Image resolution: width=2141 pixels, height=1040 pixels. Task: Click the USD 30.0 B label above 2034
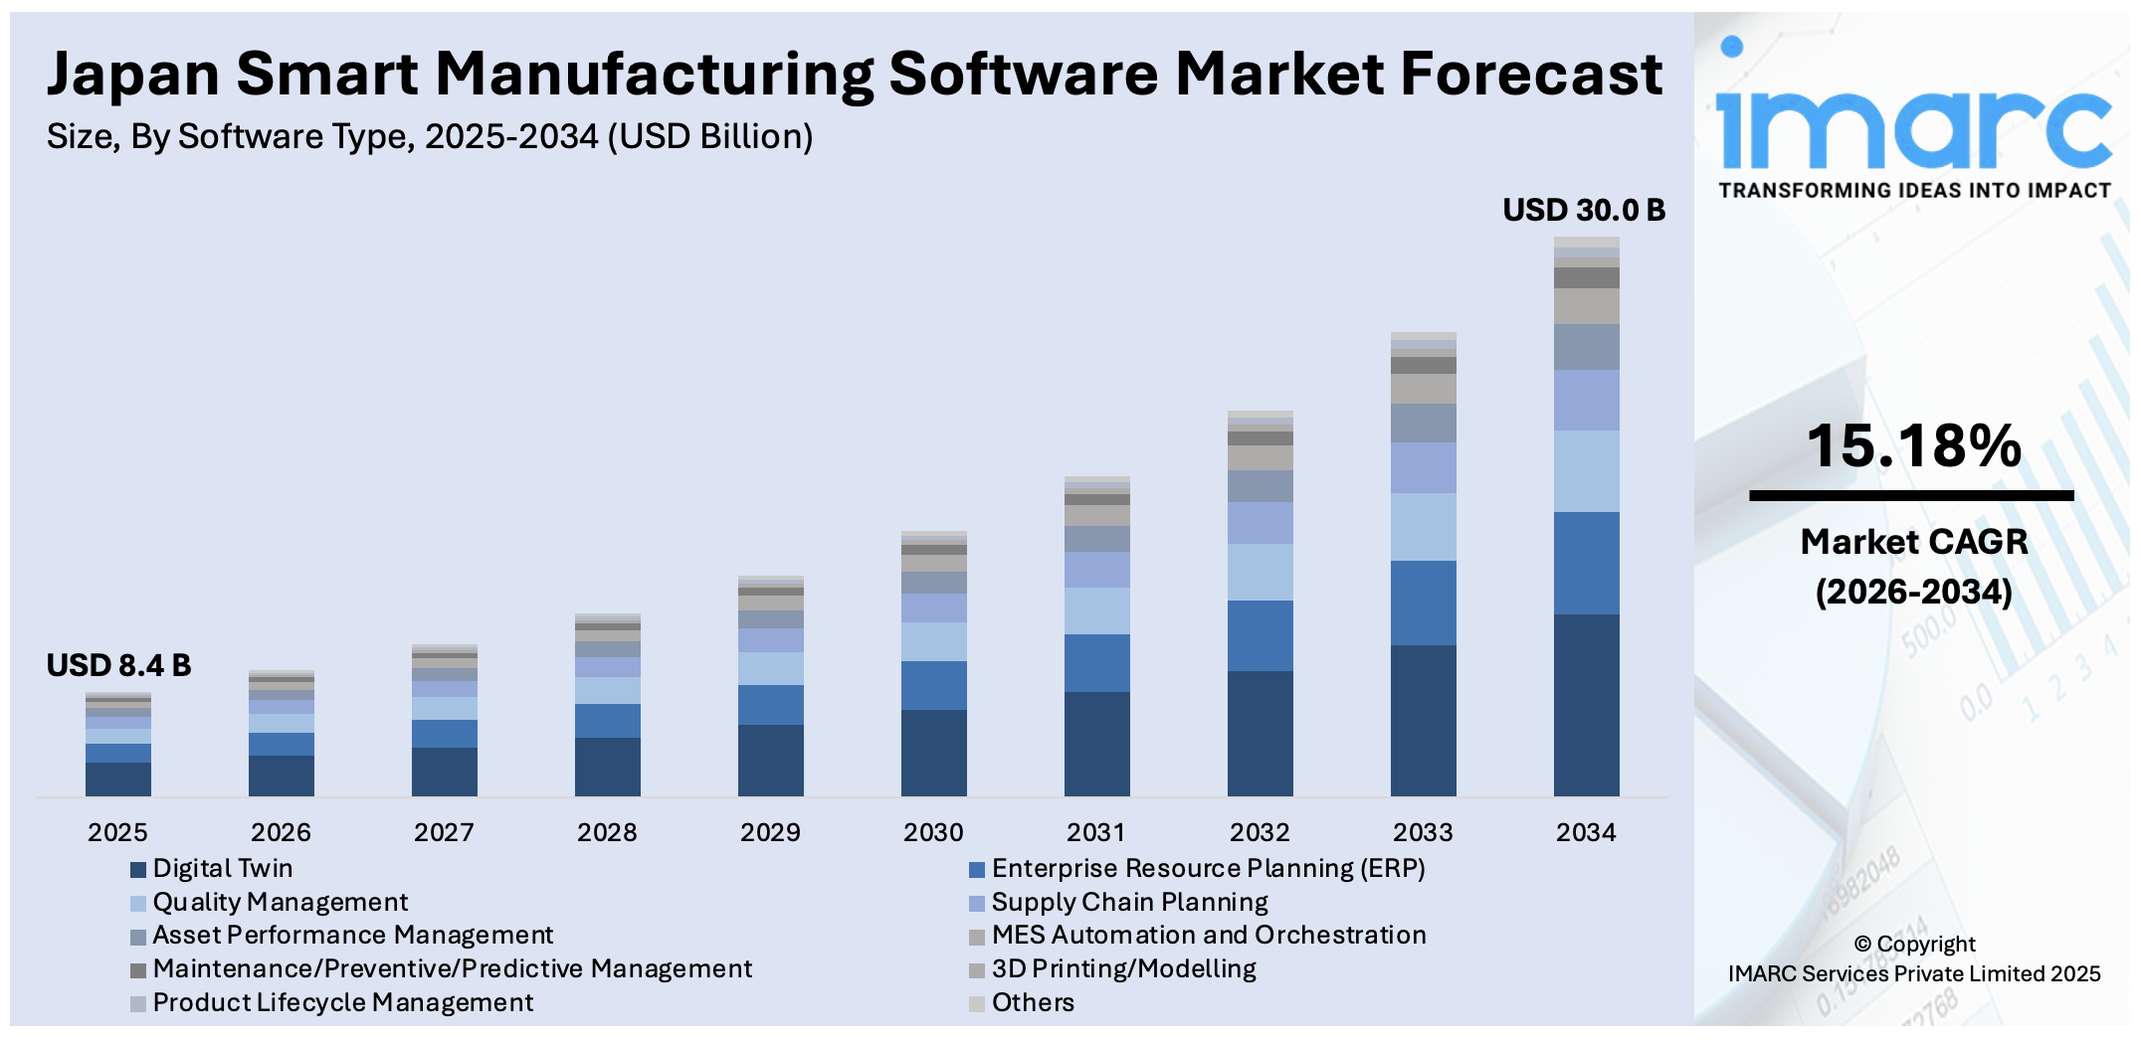[1583, 211]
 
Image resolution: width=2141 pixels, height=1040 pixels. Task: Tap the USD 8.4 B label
[118, 665]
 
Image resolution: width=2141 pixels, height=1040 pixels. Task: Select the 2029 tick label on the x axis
[770, 832]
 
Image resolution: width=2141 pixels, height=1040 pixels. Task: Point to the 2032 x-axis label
[1260, 832]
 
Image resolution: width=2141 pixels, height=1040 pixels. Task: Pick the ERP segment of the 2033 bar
[1423, 603]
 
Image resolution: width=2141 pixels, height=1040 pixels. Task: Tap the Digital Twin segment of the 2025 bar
[118, 779]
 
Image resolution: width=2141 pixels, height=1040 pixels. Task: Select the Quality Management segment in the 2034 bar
[1586, 471]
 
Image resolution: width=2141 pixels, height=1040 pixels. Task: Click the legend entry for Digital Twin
[222, 868]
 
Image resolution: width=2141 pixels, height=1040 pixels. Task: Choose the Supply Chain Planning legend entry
[1129, 902]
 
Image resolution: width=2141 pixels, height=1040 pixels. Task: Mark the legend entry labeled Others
[1032, 1002]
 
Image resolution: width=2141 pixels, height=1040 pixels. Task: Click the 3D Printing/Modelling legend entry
[1123, 968]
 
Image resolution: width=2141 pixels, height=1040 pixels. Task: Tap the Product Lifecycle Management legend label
[342, 1002]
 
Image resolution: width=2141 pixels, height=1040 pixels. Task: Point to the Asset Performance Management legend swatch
[138, 937]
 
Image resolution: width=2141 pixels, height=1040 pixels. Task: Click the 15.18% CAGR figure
[1913, 445]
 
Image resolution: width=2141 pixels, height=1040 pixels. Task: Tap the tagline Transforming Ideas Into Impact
[1914, 191]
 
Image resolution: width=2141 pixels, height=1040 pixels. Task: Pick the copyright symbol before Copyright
[1862, 945]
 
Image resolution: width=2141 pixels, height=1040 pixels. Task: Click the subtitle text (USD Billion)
[710, 136]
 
